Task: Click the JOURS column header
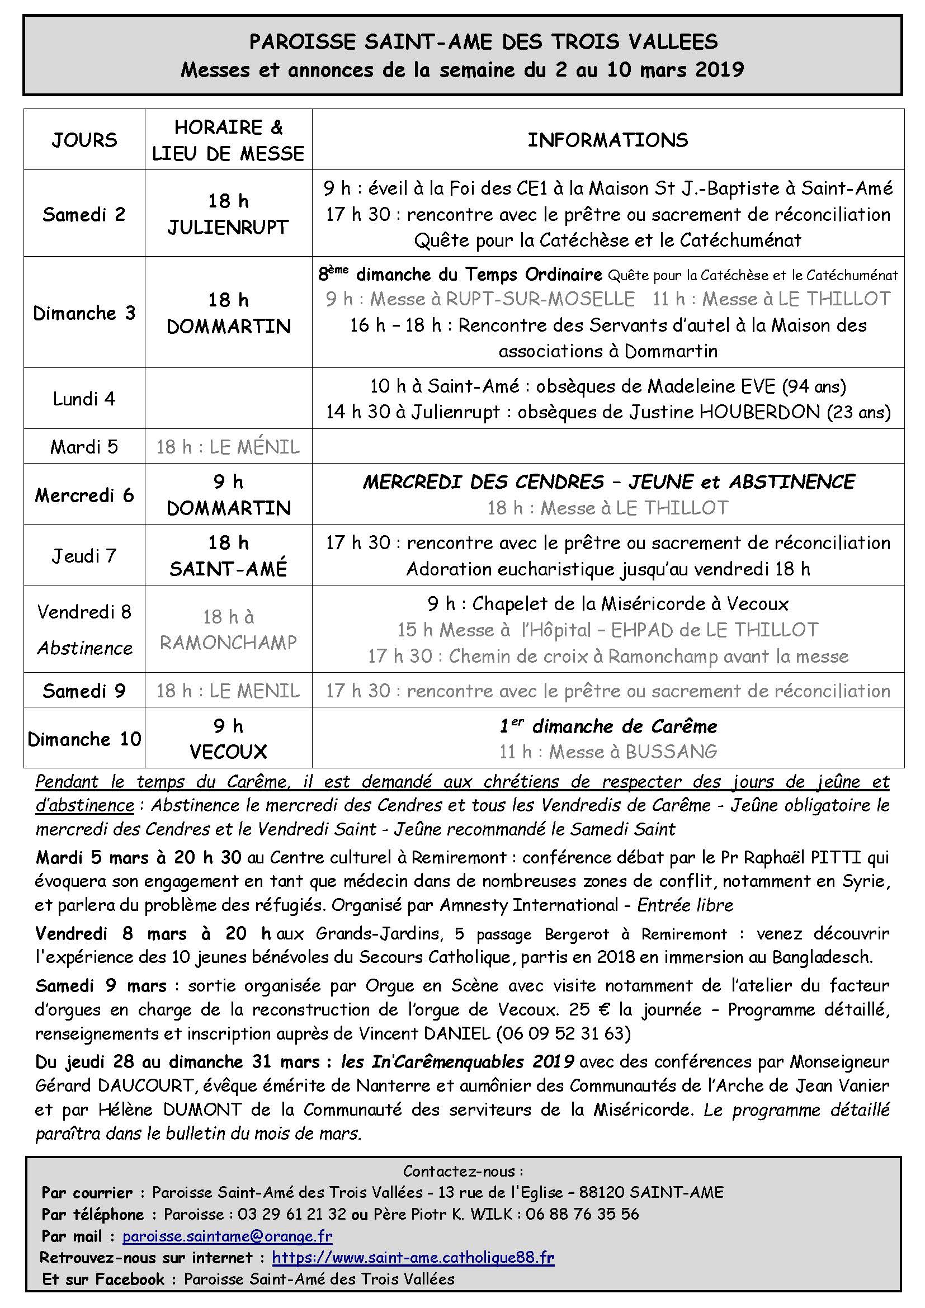(84, 140)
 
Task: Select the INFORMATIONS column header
(608, 140)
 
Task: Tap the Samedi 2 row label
(84, 215)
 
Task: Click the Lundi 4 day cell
(84, 399)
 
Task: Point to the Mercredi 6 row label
(84, 495)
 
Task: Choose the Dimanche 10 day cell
(84, 739)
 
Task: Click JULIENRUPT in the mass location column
(228, 227)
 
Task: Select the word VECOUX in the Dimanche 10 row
(228, 752)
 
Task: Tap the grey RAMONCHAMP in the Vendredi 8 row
(228, 643)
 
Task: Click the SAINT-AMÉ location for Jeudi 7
(228, 569)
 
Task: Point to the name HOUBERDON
(759, 412)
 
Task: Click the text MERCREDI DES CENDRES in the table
(483, 482)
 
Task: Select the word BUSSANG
(671, 752)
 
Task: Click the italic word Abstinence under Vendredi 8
(85, 648)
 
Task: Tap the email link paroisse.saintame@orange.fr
(227, 1236)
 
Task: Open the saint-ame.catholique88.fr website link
(413, 1257)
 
